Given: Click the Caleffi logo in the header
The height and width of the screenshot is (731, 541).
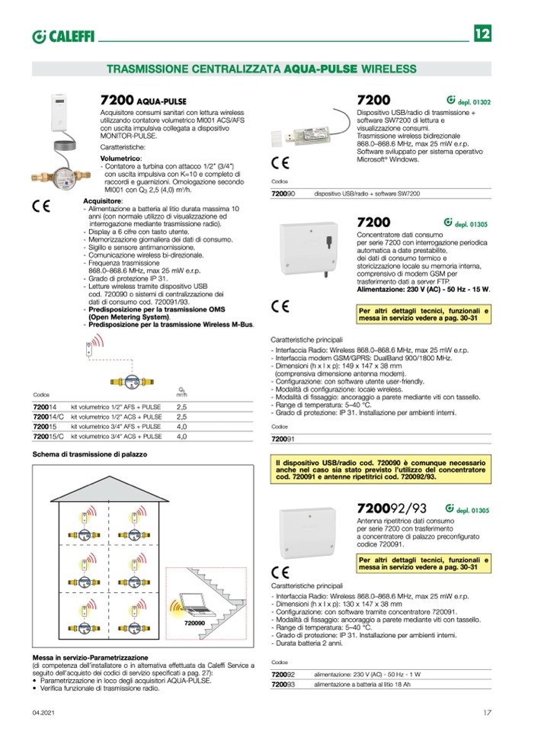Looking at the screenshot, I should click(62, 36).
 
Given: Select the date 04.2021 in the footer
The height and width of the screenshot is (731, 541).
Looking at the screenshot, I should click(43, 713).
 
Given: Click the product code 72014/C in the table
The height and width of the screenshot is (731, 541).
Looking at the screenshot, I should click(46, 418).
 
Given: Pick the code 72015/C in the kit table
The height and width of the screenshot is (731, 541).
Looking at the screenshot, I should click(46, 438).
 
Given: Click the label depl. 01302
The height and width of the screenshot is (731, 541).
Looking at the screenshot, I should click(474, 101).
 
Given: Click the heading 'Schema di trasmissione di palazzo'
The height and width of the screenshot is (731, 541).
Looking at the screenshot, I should click(90, 454).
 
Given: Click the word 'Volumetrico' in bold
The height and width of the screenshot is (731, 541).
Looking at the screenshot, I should click(120, 158).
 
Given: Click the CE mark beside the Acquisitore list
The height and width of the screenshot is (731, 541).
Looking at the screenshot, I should click(42, 207).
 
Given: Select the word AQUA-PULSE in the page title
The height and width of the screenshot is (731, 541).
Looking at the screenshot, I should click(317, 69).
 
